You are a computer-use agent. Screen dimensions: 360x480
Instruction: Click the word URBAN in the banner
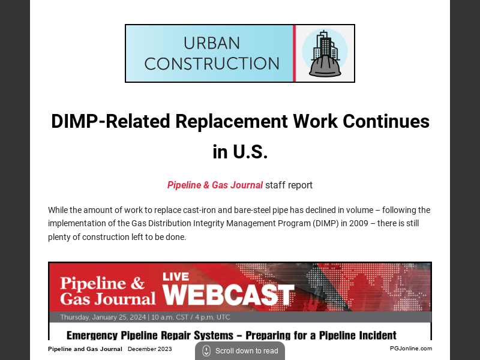(212, 43)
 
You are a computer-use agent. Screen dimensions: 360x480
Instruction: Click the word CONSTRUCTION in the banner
(212, 63)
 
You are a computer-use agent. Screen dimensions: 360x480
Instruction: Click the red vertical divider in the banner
(294, 53)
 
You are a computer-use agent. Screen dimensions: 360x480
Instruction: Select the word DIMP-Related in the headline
(110, 121)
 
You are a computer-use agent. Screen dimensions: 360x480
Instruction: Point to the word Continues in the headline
(386, 121)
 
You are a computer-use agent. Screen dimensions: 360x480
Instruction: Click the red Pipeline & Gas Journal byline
(215, 185)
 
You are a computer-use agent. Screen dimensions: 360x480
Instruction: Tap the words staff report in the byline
(289, 185)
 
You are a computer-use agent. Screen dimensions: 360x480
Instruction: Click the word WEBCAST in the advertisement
(229, 295)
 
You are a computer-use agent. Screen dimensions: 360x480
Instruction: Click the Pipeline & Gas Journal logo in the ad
(103, 290)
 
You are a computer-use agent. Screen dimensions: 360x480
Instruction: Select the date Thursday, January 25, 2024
(106, 317)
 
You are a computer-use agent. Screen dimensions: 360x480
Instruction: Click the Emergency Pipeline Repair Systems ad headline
(231, 335)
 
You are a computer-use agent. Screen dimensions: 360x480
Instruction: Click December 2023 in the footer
(150, 349)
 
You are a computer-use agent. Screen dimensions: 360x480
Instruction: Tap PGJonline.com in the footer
(410, 349)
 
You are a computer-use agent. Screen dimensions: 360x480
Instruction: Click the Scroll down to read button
(240, 351)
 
